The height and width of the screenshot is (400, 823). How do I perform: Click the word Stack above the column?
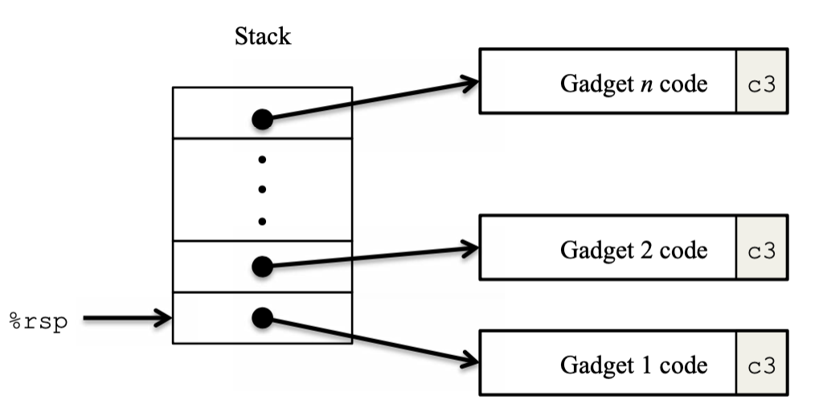pyautogui.click(x=262, y=37)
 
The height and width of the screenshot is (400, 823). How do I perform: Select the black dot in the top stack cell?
pyautogui.click(x=262, y=119)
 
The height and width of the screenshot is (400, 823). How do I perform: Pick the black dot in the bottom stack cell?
pyautogui.click(x=262, y=318)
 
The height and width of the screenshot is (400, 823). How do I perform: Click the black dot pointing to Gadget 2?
pyautogui.click(x=262, y=266)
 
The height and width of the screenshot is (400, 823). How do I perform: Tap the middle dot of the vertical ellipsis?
pyautogui.click(x=262, y=190)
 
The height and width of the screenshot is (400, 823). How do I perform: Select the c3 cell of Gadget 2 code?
pyautogui.click(x=761, y=251)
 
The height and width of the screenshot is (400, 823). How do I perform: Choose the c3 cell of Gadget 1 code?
pyautogui.click(x=761, y=365)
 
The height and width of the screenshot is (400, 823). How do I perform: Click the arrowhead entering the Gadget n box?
pyautogui.click(x=469, y=83)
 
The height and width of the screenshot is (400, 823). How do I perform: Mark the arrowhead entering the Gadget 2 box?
pyautogui.click(x=469, y=249)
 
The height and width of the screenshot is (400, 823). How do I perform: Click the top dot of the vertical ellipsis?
pyautogui.click(x=262, y=159)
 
